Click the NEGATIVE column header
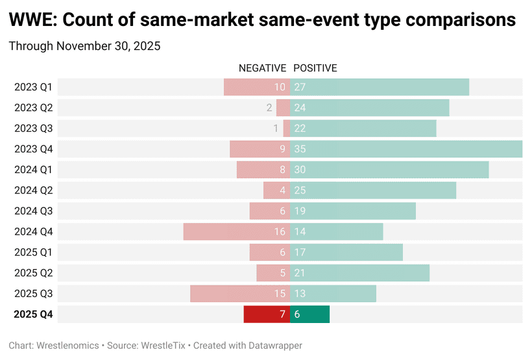262,68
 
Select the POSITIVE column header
315,68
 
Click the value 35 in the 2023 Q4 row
300,149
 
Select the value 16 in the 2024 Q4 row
280,232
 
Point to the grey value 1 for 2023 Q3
276,128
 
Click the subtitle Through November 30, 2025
84,46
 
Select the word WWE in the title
30,20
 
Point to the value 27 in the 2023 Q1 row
300,87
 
